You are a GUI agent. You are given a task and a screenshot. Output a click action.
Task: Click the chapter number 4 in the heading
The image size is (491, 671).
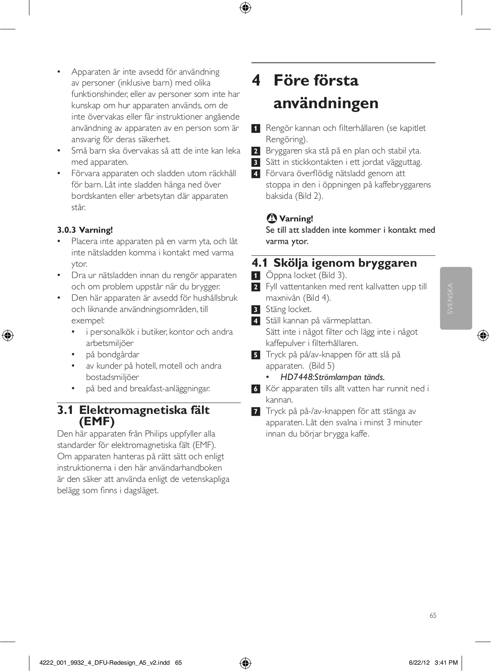coord(257,81)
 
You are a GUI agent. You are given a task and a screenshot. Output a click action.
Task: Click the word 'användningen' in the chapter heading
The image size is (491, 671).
coord(326,103)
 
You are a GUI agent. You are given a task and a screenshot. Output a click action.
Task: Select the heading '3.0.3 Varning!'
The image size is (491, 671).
coord(85,230)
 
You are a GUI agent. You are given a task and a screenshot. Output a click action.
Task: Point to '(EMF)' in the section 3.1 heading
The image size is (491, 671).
coord(97,421)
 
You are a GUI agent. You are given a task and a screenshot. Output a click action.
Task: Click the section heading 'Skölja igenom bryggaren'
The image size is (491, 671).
coord(345,263)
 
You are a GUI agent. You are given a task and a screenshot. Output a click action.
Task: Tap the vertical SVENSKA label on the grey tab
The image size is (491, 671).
coord(451,298)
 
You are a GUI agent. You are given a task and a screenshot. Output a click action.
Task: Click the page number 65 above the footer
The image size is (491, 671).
coord(433,615)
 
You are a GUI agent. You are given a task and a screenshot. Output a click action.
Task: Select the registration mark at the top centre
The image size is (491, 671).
coord(245,8)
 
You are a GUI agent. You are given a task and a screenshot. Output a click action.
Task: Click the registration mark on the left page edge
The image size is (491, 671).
coord(8,335)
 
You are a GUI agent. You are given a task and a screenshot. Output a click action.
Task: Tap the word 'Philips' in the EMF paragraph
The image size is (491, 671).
coord(159,434)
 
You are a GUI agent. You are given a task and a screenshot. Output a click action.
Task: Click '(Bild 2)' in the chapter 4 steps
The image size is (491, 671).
coord(309,196)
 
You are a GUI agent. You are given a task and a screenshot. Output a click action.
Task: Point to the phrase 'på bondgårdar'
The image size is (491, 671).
coord(113,354)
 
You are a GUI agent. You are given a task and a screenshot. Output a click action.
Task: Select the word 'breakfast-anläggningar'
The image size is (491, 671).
coord(169,388)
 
